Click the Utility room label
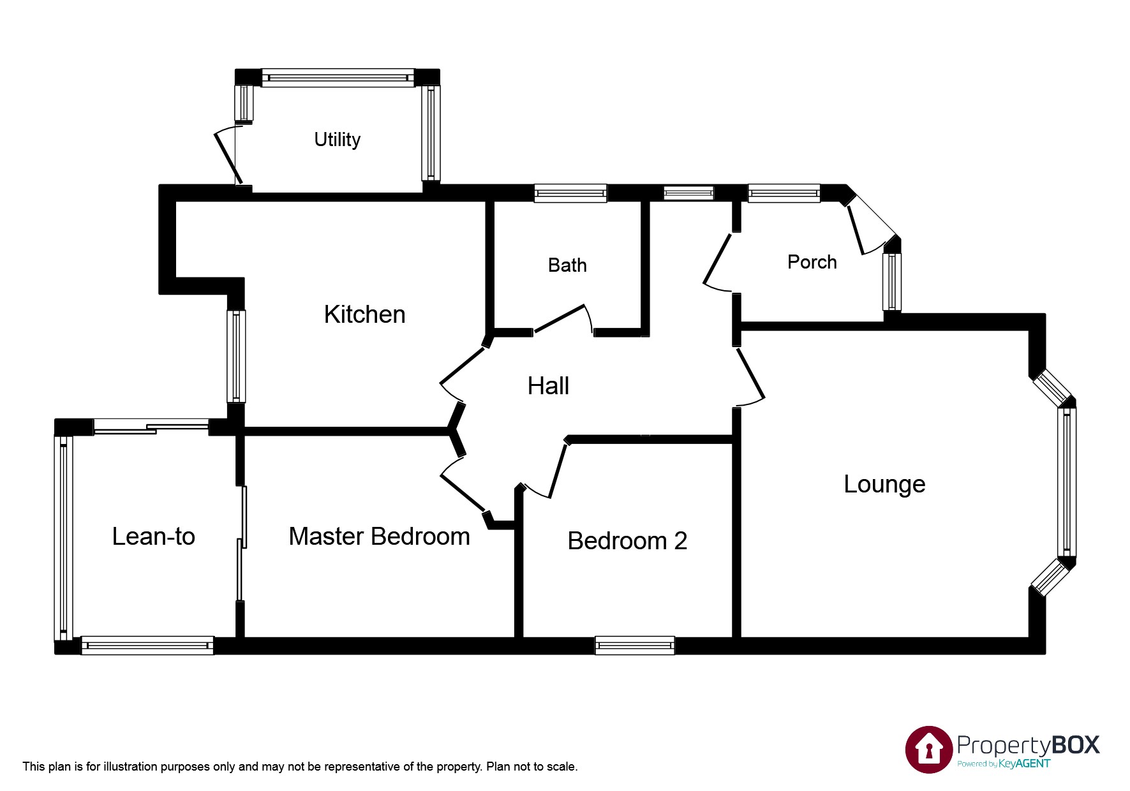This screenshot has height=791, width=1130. coord(337,139)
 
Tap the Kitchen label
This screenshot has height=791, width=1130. coord(364,314)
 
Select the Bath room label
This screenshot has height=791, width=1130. coord(567,265)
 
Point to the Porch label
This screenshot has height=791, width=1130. coord(812,262)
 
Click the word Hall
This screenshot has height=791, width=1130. coord(548,386)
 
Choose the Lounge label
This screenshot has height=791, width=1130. coord(884,484)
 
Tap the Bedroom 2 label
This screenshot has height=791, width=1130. coord(627,541)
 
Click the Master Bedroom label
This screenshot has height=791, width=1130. coord(379,536)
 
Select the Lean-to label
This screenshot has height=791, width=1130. coord(153,536)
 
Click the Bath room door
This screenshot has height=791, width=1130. coord(560,318)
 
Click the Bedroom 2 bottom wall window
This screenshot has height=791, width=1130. coord(635,646)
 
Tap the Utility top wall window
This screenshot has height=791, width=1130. coord(338,78)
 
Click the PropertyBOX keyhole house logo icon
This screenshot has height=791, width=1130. coord(929,749)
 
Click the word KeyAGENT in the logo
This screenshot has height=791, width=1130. coord(1024,764)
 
